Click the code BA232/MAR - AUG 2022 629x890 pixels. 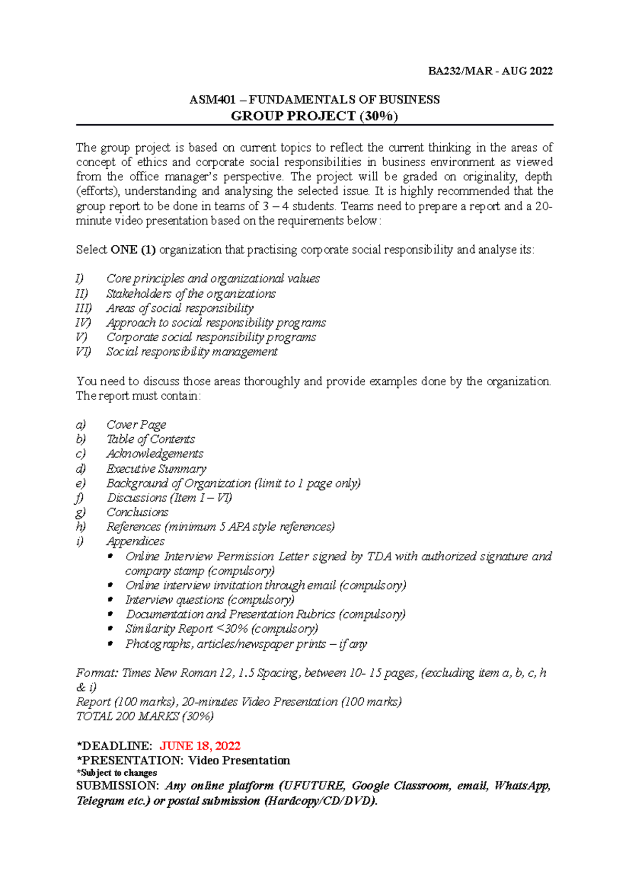490,71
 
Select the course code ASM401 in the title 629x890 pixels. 212,100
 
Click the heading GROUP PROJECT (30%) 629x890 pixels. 314,116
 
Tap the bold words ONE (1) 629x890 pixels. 133,250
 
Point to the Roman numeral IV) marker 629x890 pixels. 83,323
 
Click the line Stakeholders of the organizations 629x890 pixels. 191,294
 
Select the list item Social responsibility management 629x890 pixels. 192,352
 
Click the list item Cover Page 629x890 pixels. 136,425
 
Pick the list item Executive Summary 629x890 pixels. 156,469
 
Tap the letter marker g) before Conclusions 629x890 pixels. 81,512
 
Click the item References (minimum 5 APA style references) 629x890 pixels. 220,527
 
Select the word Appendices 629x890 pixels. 135,541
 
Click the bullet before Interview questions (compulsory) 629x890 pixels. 110,600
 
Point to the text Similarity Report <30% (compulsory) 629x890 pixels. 221,629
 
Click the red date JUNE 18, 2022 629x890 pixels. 200,746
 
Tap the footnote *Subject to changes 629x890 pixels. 116,773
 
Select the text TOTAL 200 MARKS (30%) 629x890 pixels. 145,717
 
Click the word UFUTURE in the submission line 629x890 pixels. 313,786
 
